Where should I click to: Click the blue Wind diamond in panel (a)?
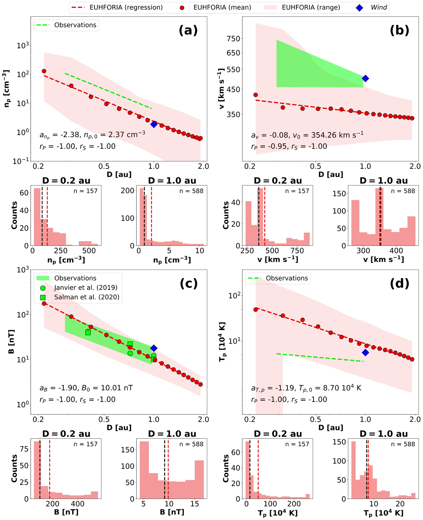tap(154, 124)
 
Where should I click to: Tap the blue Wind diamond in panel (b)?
tap(366, 78)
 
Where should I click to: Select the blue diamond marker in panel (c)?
tap(154, 348)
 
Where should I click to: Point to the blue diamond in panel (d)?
tap(366, 352)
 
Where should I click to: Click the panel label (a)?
tap(188, 30)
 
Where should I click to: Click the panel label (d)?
tap(399, 283)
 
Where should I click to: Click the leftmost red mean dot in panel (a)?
tap(44, 71)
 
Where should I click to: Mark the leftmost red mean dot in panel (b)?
tap(256, 95)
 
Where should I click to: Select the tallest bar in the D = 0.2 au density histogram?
tap(37, 217)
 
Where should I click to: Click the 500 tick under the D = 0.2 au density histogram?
tap(89, 251)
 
